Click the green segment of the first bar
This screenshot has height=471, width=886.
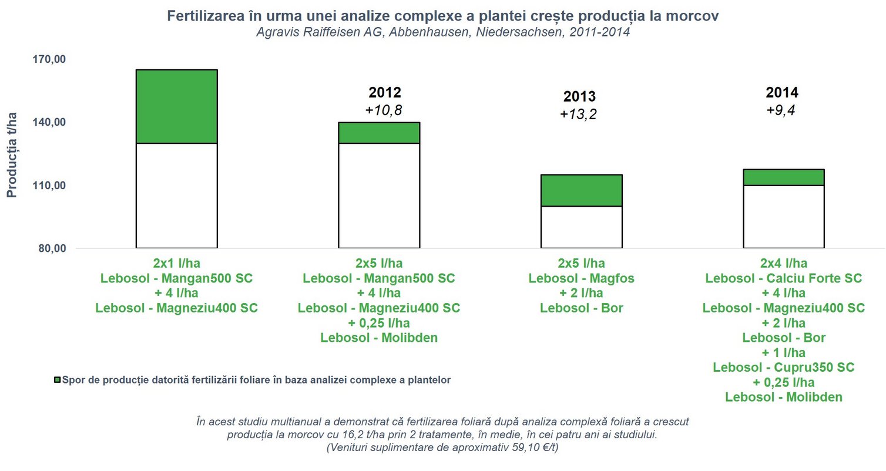177,106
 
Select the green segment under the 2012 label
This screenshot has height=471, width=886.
379,133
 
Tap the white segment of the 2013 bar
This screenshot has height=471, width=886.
581,227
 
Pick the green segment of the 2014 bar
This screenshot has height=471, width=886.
783,177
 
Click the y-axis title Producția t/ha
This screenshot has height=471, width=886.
12,154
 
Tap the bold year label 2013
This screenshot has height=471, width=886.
579,97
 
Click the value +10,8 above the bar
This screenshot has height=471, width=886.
384,110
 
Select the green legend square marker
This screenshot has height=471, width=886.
57,380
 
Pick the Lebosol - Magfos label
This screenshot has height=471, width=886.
582,278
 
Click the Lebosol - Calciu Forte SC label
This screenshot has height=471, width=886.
783,278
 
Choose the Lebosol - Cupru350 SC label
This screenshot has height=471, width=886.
783,367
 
